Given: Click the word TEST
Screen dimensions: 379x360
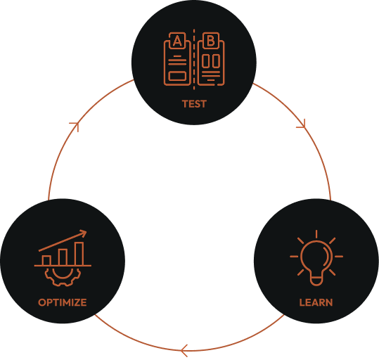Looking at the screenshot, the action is [x=194, y=104].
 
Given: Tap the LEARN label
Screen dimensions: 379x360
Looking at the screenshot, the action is [x=316, y=302].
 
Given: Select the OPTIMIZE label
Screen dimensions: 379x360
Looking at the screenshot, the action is [x=63, y=302].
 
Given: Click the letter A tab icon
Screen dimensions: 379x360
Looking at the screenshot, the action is [x=177, y=41].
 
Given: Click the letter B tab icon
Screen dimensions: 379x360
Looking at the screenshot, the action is [x=211, y=41].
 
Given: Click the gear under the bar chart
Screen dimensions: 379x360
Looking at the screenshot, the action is [x=63, y=276].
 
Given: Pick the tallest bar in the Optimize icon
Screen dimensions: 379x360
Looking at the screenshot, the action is [x=79, y=254].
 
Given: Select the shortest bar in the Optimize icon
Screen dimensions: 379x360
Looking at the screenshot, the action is [x=46, y=260].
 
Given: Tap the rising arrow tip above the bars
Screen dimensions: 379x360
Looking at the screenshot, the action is [x=86, y=231].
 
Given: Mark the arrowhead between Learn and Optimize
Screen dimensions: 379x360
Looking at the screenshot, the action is [x=184, y=351].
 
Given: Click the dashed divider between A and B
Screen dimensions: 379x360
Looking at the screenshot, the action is [x=194, y=59].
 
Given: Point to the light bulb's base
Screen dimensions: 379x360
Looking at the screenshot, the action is [x=316, y=281].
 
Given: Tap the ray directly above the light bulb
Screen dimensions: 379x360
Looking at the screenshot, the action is [x=316, y=234].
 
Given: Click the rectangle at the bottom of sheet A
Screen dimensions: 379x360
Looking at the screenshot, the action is [x=177, y=76].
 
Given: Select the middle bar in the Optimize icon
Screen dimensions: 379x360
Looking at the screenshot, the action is [x=63, y=257].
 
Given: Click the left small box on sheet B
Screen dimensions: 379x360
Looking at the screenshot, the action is [x=206, y=60].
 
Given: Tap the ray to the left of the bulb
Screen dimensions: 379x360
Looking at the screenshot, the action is [x=294, y=256].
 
